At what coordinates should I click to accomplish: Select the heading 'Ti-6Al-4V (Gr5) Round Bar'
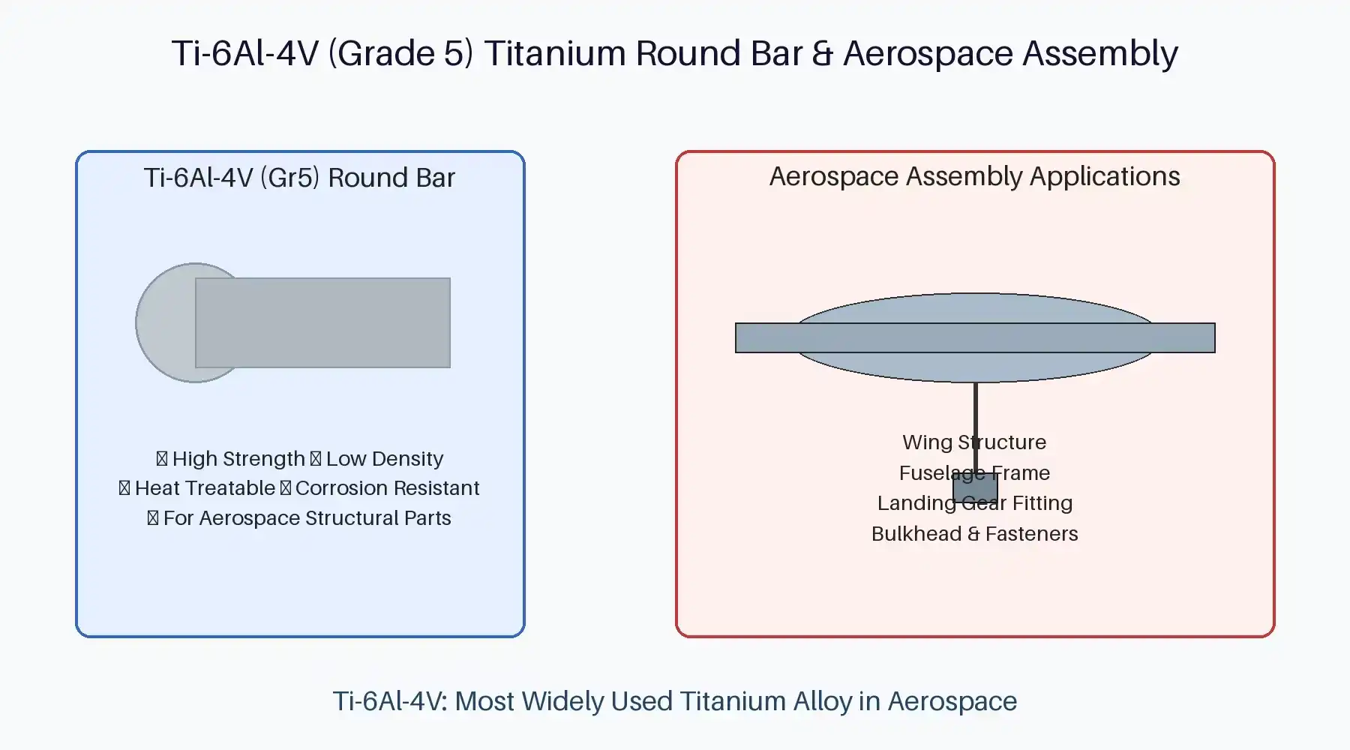point(299,178)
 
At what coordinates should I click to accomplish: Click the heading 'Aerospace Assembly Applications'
point(974,176)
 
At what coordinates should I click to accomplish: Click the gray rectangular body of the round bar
point(322,322)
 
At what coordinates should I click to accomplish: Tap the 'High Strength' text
point(238,458)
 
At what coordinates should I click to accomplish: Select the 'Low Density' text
point(384,458)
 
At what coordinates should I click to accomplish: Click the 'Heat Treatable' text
point(205,488)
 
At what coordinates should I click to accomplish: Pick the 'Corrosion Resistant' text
point(387,488)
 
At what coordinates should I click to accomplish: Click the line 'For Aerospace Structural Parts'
point(307,518)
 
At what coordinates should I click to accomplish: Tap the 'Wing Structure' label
point(974,442)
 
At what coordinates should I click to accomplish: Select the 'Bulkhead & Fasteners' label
point(974,534)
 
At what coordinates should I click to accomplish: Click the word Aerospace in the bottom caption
point(952,701)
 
